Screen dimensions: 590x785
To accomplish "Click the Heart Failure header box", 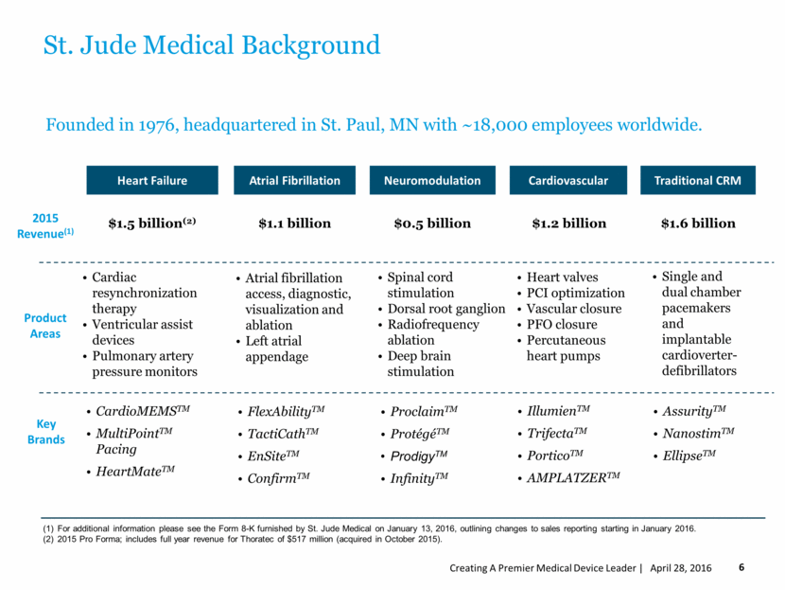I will (x=151, y=180).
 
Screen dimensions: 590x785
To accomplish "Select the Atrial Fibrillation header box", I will (x=294, y=180).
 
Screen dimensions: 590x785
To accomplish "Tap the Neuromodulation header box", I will (x=432, y=180).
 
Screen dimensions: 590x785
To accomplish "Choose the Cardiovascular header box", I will (x=569, y=180).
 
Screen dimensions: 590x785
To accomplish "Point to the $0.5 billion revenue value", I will (x=432, y=223).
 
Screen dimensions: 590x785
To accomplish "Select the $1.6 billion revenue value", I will (x=698, y=223).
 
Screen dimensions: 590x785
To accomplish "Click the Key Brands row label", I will (x=45, y=433).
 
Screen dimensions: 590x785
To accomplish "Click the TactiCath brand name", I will (x=282, y=433).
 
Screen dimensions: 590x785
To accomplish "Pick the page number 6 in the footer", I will (x=741, y=567).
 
